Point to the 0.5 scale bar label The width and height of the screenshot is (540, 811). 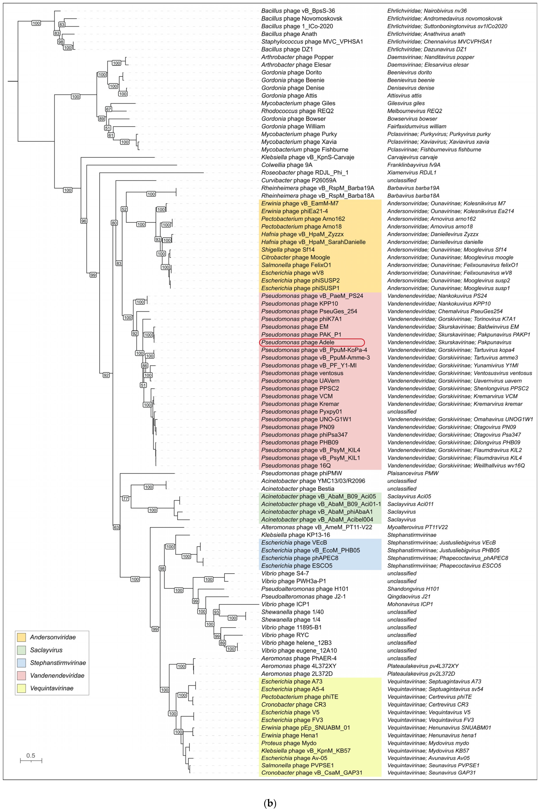click(31, 755)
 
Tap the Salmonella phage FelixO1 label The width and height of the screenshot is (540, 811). click(296, 265)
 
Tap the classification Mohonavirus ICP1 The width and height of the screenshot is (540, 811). click(410, 604)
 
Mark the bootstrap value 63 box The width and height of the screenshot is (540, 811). click(116, 527)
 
